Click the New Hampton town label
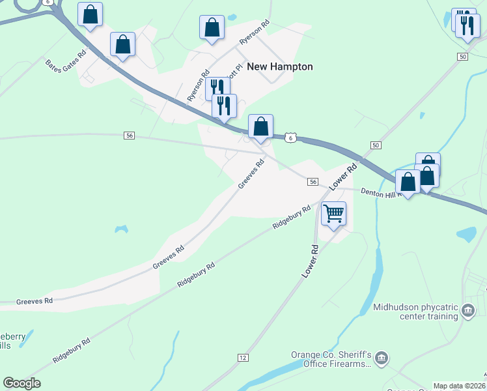pyautogui.click(x=280, y=66)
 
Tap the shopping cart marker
pyautogui.click(x=333, y=213)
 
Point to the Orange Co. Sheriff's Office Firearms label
pyautogui.click(x=331, y=359)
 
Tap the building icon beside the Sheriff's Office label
pyautogui.click(x=382, y=357)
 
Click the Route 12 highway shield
pyautogui.click(x=243, y=358)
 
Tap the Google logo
pyautogui.click(x=21, y=383)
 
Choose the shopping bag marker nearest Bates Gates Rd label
pyautogui.click(x=122, y=45)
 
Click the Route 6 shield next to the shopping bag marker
pyautogui.click(x=290, y=137)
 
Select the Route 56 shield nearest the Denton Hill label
pyautogui.click(x=313, y=182)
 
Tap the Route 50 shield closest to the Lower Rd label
pyautogui.click(x=376, y=144)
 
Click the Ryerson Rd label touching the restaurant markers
pyautogui.click(x=198, y=85)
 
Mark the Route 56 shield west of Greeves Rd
pyautogui.click(x=129, y=135)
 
